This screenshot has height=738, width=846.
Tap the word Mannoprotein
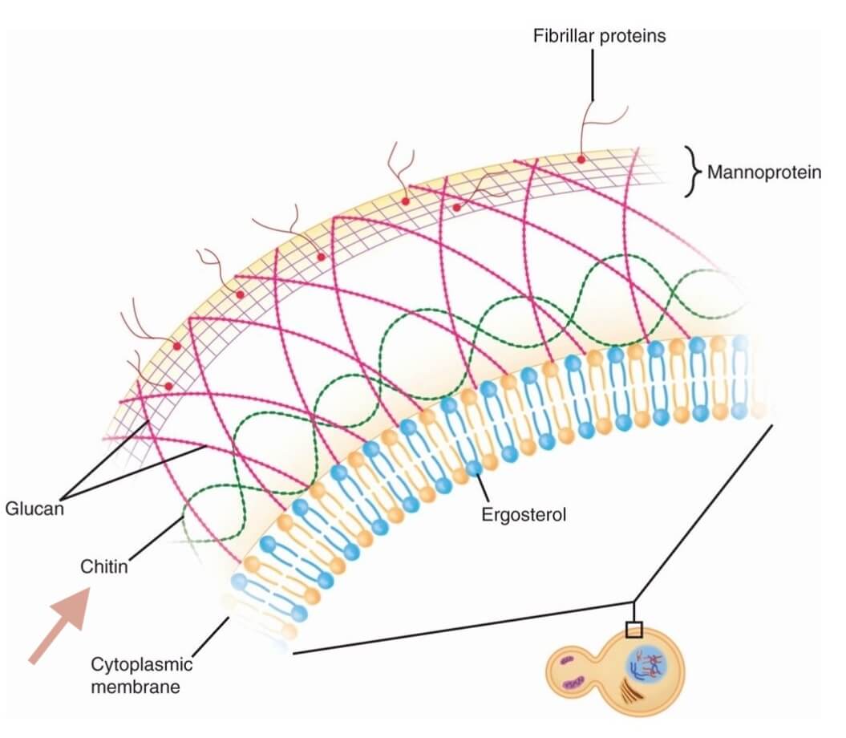(x=763, y=172)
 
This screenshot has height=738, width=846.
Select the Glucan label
(x=34, y=508)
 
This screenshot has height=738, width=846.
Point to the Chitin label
(x=104, y=566)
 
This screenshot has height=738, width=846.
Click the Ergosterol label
(x=524, y=515)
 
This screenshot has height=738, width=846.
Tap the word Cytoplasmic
(x=141, y=664)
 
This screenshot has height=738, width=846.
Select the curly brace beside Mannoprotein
(x=691, y=171)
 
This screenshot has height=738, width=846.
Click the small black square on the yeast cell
(x=633, y=628)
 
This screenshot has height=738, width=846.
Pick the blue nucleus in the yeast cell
(x=647, y=663)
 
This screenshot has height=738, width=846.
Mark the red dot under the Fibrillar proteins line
(x=581, y=160)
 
